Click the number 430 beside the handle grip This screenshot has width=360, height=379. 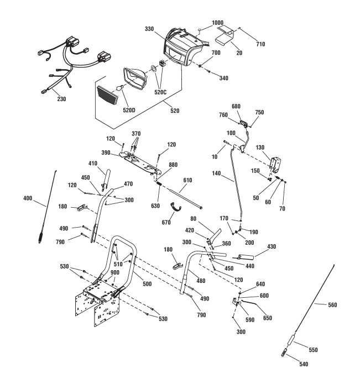coord(272,246)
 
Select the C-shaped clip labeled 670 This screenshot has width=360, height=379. coord(176,207)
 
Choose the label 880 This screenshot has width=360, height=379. coord(173,164)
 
